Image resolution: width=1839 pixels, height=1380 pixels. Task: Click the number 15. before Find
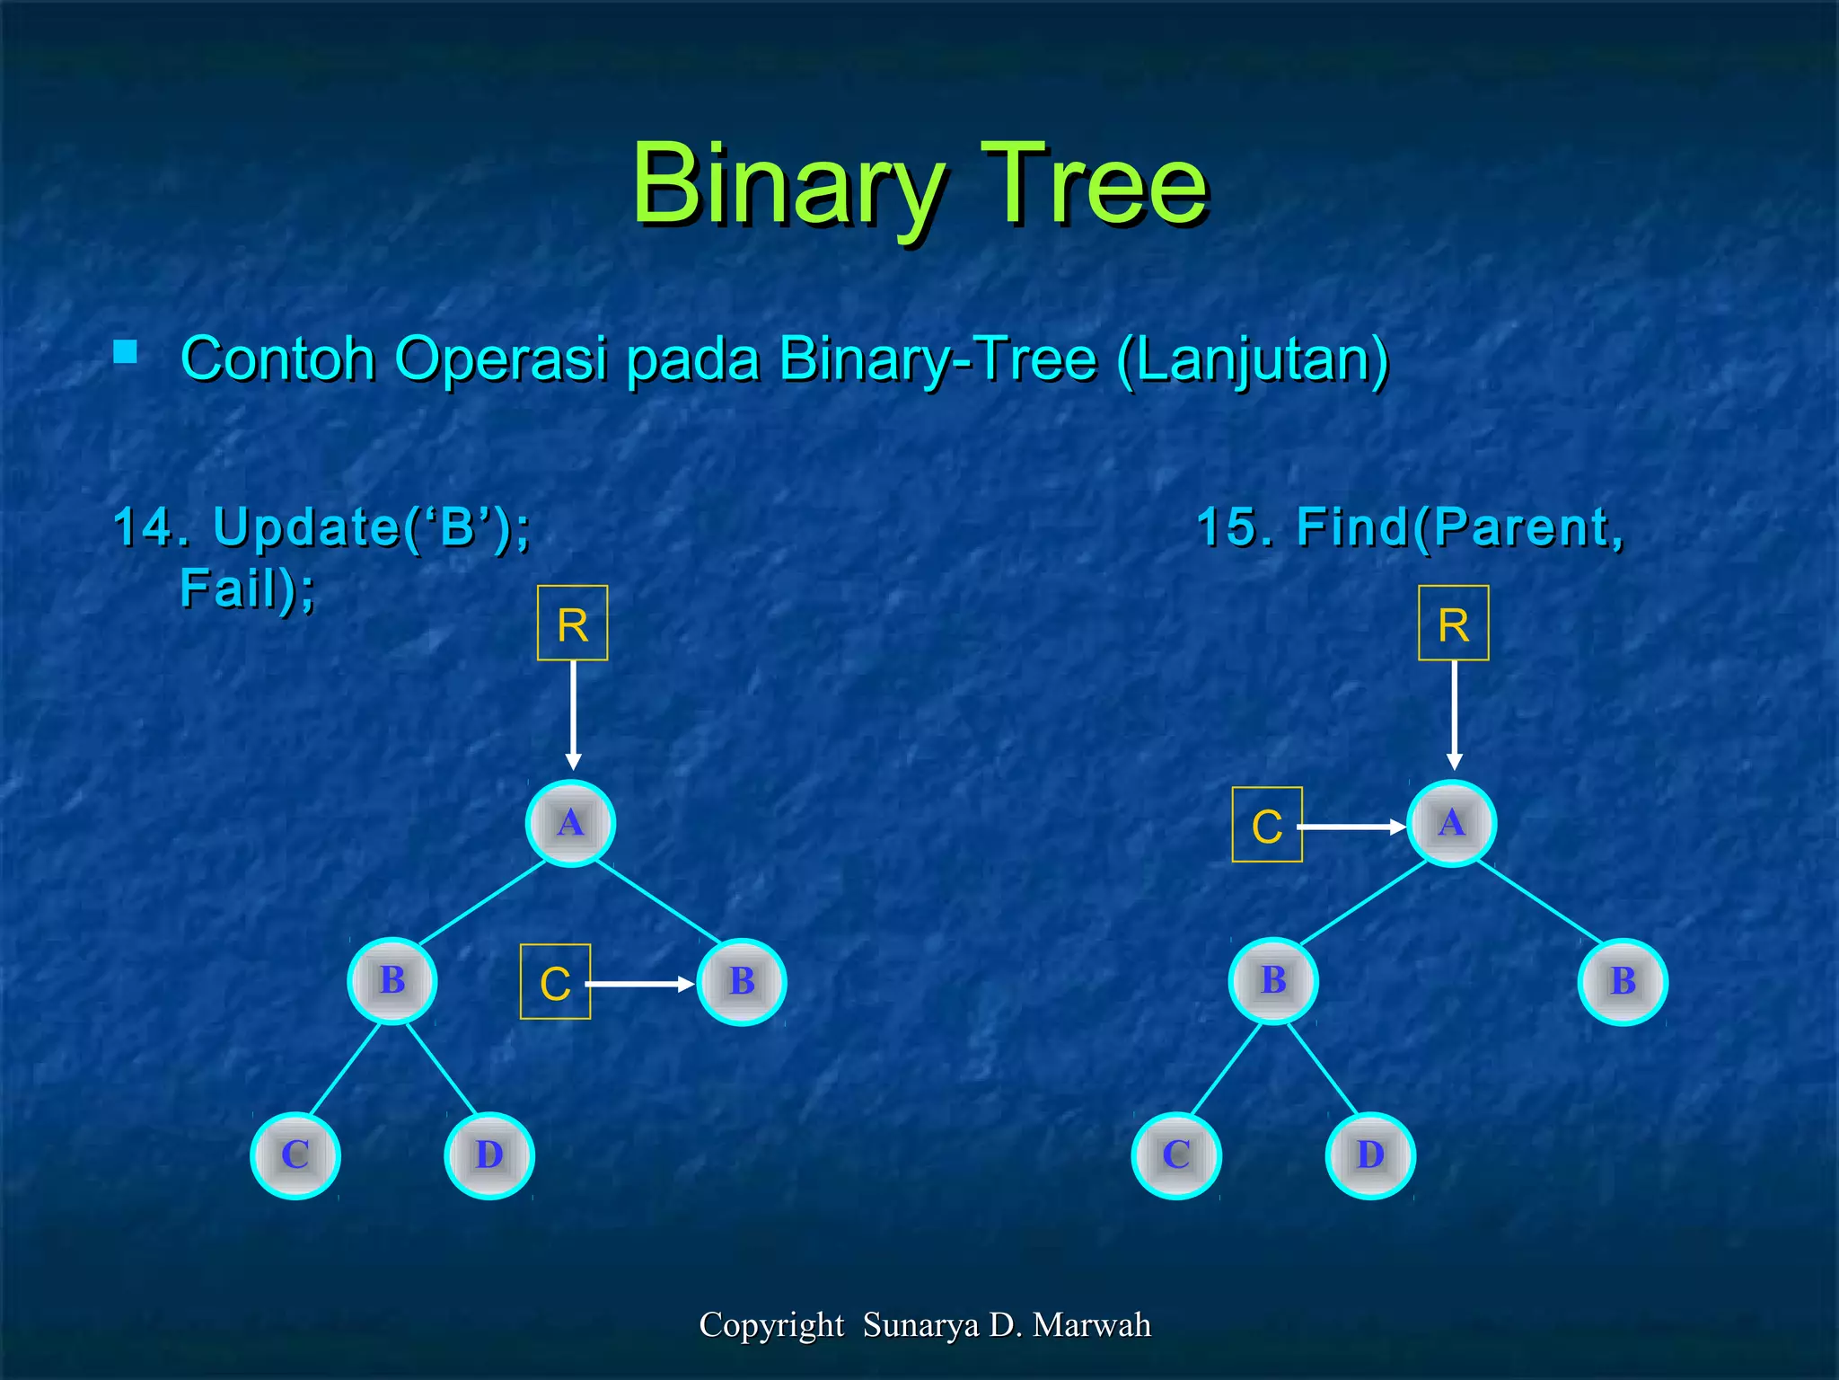(1235, 526)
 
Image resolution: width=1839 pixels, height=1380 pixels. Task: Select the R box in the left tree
(572, 624)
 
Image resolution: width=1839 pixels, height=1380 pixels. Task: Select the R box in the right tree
(1453, 624)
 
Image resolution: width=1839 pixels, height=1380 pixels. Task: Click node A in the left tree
(570, 823)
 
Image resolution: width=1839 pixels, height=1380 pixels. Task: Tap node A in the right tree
(1451, 823)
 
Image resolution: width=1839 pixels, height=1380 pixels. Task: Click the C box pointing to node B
(555, 982)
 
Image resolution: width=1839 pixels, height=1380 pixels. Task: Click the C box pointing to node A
(1266, 825)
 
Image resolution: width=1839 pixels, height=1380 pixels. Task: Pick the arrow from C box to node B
(639, 985)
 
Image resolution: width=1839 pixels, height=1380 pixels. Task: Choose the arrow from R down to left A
(573, 714)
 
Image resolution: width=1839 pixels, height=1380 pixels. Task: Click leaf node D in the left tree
(489, 1155)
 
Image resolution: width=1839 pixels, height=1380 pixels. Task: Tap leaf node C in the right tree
(1176, 1155)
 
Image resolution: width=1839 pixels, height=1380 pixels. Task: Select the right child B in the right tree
(1623, 981)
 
